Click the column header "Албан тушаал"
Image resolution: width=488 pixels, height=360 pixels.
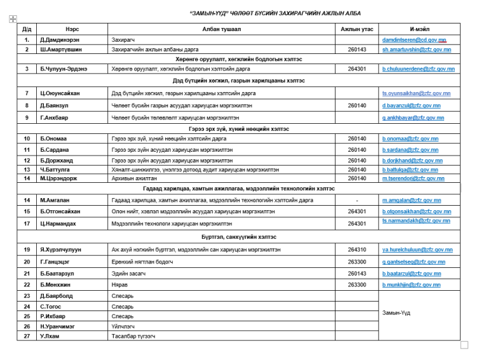pos(222,29)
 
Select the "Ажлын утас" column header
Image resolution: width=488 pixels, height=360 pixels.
pos(356,29)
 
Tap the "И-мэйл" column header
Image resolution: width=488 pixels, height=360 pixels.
pos(417,29)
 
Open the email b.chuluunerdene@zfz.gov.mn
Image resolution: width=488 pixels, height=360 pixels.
pos(418,69)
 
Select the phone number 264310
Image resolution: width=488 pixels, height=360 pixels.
pos(356,250)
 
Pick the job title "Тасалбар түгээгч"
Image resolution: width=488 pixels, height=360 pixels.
pos(133,336)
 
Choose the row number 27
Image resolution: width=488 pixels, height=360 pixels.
pos(27,336)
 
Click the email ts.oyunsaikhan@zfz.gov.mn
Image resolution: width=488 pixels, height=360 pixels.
pos(416,93)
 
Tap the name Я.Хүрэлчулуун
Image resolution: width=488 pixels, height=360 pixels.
pos(62,250)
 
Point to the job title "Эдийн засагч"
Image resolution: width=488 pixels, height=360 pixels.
pos(126,273)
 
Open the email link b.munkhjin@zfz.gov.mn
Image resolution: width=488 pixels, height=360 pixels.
pos(411,285)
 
